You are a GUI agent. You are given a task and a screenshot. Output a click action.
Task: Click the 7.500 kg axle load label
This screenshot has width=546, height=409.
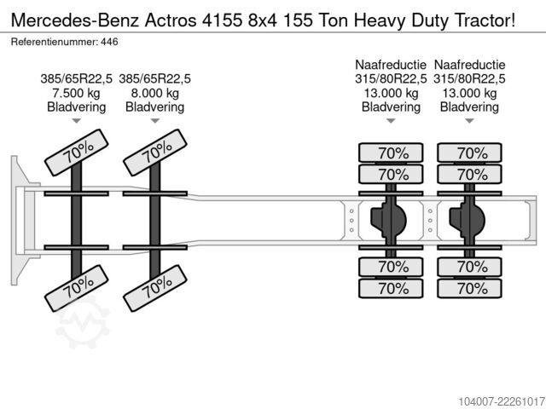coord(76,93)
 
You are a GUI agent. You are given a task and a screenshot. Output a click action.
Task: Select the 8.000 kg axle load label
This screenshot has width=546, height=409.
coord(155,93)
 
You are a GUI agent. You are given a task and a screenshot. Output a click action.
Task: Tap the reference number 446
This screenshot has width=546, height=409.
coord(109,42)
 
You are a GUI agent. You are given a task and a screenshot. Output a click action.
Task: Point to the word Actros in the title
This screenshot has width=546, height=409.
coord(171,20)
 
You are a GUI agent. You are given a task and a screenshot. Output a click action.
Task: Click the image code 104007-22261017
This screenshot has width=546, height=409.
coord(502,401)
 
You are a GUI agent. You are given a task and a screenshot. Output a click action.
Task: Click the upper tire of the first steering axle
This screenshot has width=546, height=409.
coord(77,153)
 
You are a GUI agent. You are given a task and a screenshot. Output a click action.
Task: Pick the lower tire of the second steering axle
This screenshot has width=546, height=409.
coord(155,288)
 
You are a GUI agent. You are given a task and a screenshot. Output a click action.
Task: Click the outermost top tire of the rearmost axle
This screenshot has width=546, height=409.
coord(469,153)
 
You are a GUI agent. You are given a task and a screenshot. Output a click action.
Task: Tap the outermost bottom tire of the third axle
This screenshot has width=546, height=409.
coord(391,288)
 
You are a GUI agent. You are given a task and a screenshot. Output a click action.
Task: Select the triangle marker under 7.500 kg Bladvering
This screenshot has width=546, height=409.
coord(76,121)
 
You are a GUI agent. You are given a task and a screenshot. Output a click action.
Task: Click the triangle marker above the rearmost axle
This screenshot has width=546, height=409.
coord(469,121)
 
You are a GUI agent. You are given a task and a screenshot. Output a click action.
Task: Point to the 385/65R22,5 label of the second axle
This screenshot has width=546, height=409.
coord(155,79)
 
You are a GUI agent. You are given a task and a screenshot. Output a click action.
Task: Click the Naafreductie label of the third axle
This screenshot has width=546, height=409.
coord(391,65)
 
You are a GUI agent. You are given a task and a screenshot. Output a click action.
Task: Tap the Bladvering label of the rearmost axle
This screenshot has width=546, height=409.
coord(469,107)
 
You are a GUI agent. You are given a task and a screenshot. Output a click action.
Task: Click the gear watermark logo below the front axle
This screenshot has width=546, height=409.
coord(83,322)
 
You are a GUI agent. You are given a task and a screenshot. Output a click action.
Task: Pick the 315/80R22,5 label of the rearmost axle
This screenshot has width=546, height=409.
coord(469,79)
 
